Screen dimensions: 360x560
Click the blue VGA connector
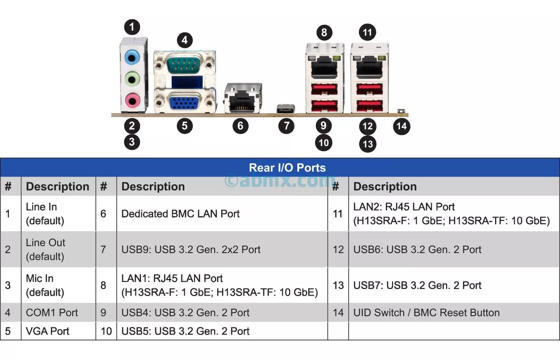pos(185,101)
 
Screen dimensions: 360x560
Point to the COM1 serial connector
pos(185,63)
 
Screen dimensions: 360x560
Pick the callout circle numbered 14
pos(401,126)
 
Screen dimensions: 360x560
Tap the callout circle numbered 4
pos(185,40)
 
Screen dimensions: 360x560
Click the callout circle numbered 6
pos(240,126)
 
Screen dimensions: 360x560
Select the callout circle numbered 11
pos(367,32)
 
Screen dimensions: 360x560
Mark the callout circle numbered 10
pos(323,142)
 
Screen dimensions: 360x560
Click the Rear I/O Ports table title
pos(287,168)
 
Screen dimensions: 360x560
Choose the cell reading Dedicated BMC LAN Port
pos(180,214)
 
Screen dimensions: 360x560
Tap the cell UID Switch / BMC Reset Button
pos(426,312)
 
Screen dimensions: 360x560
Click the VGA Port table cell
pos(48,331)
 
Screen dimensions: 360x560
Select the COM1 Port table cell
pos(52,312)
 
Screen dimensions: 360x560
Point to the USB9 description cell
pos(190,249)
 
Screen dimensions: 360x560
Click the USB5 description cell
pos(185,331)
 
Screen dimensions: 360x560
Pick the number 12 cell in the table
pos(338,249)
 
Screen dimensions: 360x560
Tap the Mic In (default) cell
pos(45,285)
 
